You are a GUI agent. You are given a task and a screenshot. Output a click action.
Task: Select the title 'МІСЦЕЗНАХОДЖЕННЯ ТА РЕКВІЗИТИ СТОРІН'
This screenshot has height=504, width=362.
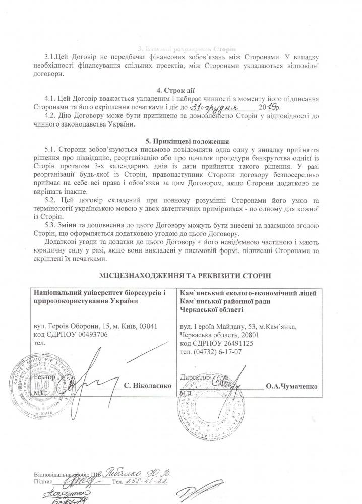coord(181,276)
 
